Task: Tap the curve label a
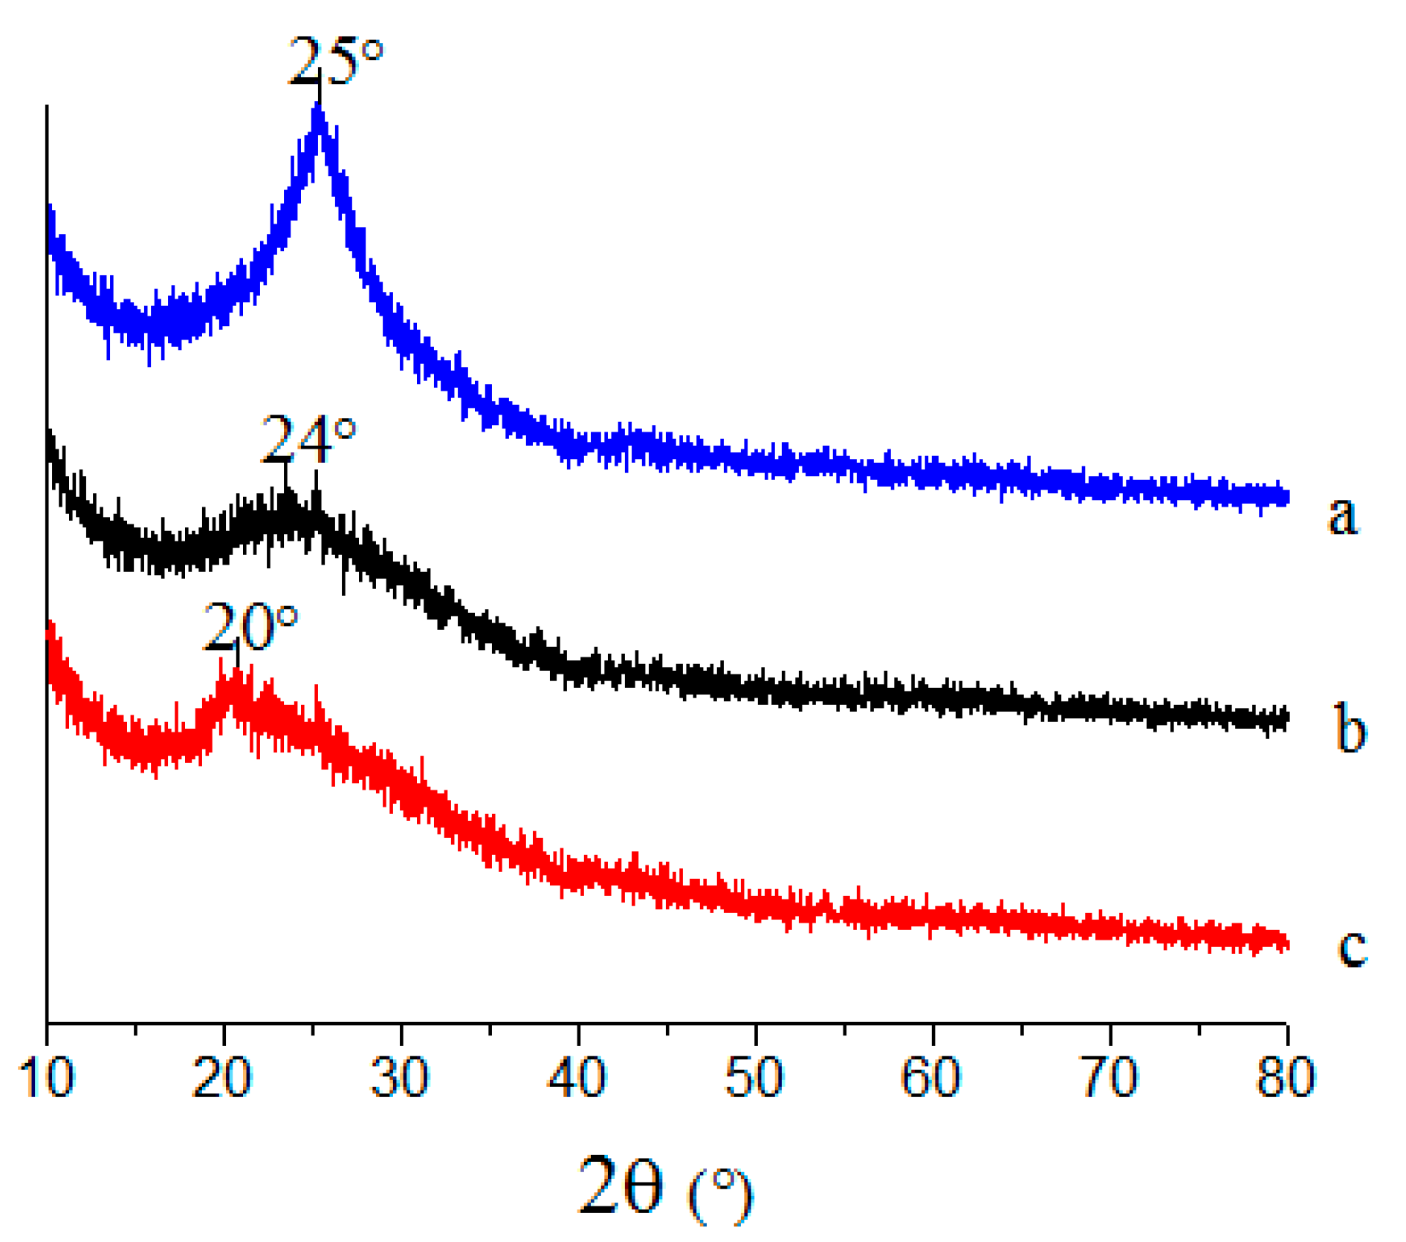click(x=1342, y=515)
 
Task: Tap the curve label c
click(x=1352, y=947)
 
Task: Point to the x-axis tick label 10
click(x=46, y=1077)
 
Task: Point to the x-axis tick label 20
click(x=222, y=1077)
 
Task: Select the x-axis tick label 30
click(x=400, y=1077)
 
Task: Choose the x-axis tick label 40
click(x=577, y=1077)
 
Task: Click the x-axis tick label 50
click(x=754, y=1077)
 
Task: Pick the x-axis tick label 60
click(x=931, y=1077)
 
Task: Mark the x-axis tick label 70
click(x=1109, y=1077)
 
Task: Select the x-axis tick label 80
click(x=1286, y=1077)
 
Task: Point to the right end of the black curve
click(x=1286, y=718)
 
